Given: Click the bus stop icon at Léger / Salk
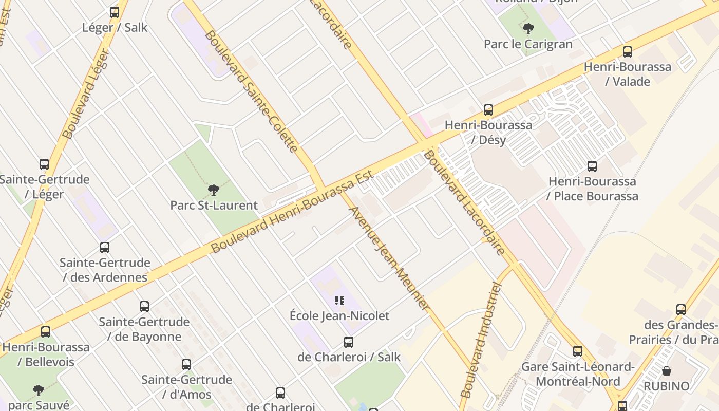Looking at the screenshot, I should (115, 12).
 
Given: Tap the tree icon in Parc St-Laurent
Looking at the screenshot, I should (214, 191).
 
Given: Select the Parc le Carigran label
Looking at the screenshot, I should (528, 44).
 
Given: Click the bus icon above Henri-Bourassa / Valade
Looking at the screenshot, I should (627, 52).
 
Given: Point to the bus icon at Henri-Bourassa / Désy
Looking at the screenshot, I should (488, 110).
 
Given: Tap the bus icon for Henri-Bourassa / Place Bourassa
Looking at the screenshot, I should (592, 166).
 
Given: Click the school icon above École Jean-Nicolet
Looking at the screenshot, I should (339, 301).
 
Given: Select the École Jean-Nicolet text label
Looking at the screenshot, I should (339, 315).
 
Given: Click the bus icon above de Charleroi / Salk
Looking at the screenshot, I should (349, 342).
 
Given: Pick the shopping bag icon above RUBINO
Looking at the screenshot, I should (667, 371).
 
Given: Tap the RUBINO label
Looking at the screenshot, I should (667, 386).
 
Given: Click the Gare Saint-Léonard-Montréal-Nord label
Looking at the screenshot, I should (578, 374).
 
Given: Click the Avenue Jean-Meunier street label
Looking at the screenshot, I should (389, 258).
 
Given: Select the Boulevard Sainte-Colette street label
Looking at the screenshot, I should (251, 91).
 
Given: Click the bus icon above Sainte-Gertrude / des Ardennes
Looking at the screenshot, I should (105, 248).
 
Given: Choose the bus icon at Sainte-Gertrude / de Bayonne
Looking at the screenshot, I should (144, 307).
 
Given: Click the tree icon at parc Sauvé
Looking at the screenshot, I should (39, 390).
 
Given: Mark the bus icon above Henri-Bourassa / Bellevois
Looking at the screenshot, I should (46, 332).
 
